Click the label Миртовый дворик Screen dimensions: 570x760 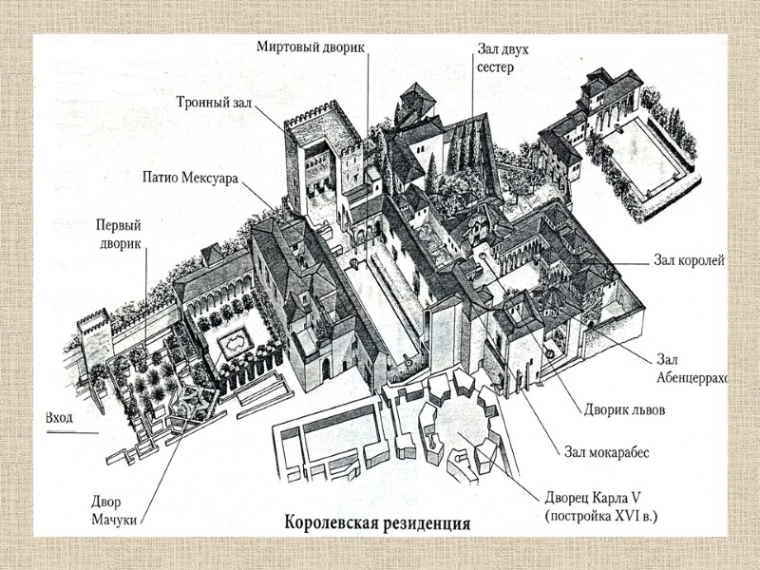click(x=310, y=46)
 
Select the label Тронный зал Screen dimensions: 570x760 click(x=213, y=103)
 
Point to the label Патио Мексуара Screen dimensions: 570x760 click(x=190, y=177)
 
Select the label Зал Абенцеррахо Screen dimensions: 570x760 click(x=691, y=369)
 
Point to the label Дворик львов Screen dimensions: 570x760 click(x=622, y=410)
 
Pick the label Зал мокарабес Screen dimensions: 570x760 click(x=606, y=452)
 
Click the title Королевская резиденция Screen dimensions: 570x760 click(x=377, y=522)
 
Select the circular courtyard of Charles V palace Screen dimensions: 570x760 click(x=456, y=432)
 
